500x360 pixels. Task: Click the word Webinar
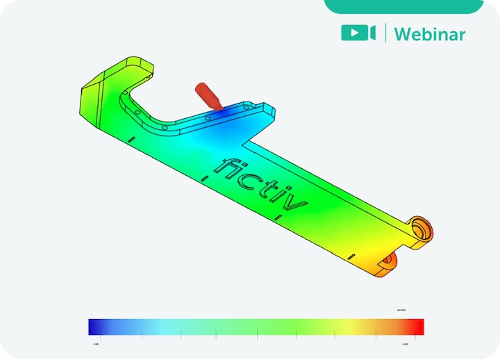431,33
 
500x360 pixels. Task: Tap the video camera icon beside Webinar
358,33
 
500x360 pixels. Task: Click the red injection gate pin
206,95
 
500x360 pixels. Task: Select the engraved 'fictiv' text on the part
260,183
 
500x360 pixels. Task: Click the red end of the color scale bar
415,327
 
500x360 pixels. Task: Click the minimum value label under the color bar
95,343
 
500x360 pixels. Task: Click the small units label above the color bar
401,309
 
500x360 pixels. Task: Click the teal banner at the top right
403,6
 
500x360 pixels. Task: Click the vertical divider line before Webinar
386,33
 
